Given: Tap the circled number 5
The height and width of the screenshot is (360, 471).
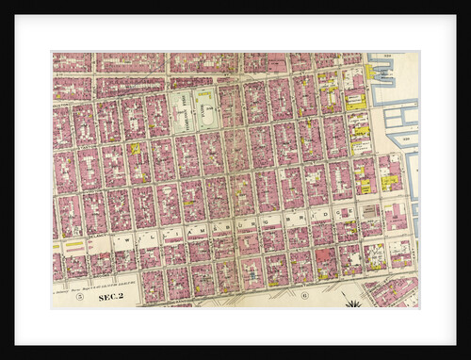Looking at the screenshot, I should coord(80,297).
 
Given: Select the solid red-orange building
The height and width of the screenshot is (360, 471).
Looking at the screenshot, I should coord(325,255).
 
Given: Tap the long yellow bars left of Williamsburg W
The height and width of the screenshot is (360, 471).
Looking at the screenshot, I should coord(73,247).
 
